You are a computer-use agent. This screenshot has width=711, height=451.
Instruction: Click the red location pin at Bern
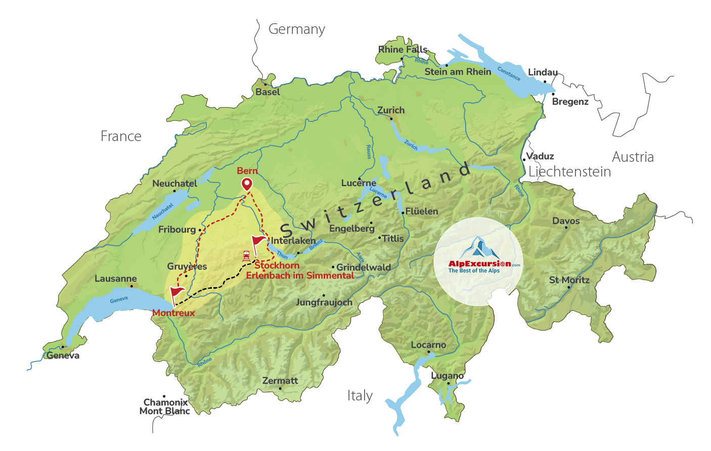(247, 184)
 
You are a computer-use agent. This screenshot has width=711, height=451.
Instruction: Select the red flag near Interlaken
(258, 242)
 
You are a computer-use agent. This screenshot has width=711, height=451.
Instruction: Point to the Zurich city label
(391, 110)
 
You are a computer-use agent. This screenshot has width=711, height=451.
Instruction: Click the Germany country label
(296, 29)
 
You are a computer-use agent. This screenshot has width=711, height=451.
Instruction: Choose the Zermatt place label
(280, 381)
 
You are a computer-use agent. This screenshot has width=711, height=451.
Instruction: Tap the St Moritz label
(569, 280)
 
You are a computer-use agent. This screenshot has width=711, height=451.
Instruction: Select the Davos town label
(566, 221)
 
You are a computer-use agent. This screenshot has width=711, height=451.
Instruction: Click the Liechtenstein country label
(569, 172)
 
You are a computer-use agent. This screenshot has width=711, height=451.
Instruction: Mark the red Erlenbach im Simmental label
(300, 276)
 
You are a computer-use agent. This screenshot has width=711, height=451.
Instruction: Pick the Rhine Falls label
(403, 50)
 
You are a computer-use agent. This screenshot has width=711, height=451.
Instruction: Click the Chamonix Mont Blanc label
(165, 407)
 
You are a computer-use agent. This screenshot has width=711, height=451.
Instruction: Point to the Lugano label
(447, 376)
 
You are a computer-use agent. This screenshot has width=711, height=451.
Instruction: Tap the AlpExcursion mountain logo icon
(477, 248)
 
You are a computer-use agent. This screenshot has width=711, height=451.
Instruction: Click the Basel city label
(268, 92)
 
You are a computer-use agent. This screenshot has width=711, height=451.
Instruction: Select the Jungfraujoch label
(324, 302)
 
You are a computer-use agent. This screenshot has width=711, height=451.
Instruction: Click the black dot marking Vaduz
(524, 160)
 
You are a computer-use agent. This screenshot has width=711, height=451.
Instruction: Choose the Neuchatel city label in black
(174, 184)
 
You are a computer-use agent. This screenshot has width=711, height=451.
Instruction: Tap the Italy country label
(360, 396)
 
